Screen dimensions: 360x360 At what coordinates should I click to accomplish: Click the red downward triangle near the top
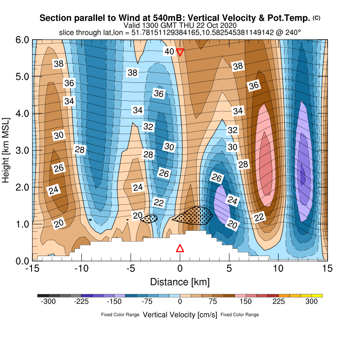[180, 52]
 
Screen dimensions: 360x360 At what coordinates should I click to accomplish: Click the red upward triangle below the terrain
[180, 248]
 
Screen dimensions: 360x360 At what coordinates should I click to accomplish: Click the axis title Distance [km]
[180, 282]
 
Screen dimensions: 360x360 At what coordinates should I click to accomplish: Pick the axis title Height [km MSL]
[6, 150]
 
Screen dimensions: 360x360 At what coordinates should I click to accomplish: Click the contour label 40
[169, 52]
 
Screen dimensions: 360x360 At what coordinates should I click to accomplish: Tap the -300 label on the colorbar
[48, 302]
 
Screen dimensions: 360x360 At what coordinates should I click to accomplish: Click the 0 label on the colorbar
[180, 302]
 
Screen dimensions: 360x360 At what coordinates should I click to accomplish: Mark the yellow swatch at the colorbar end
[317, 296]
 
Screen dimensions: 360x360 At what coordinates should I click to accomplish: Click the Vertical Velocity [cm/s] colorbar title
[180, 315]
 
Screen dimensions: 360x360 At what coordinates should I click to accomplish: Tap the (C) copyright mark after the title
[317, 18]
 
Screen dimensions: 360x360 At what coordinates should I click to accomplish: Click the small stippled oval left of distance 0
[149, 219]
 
